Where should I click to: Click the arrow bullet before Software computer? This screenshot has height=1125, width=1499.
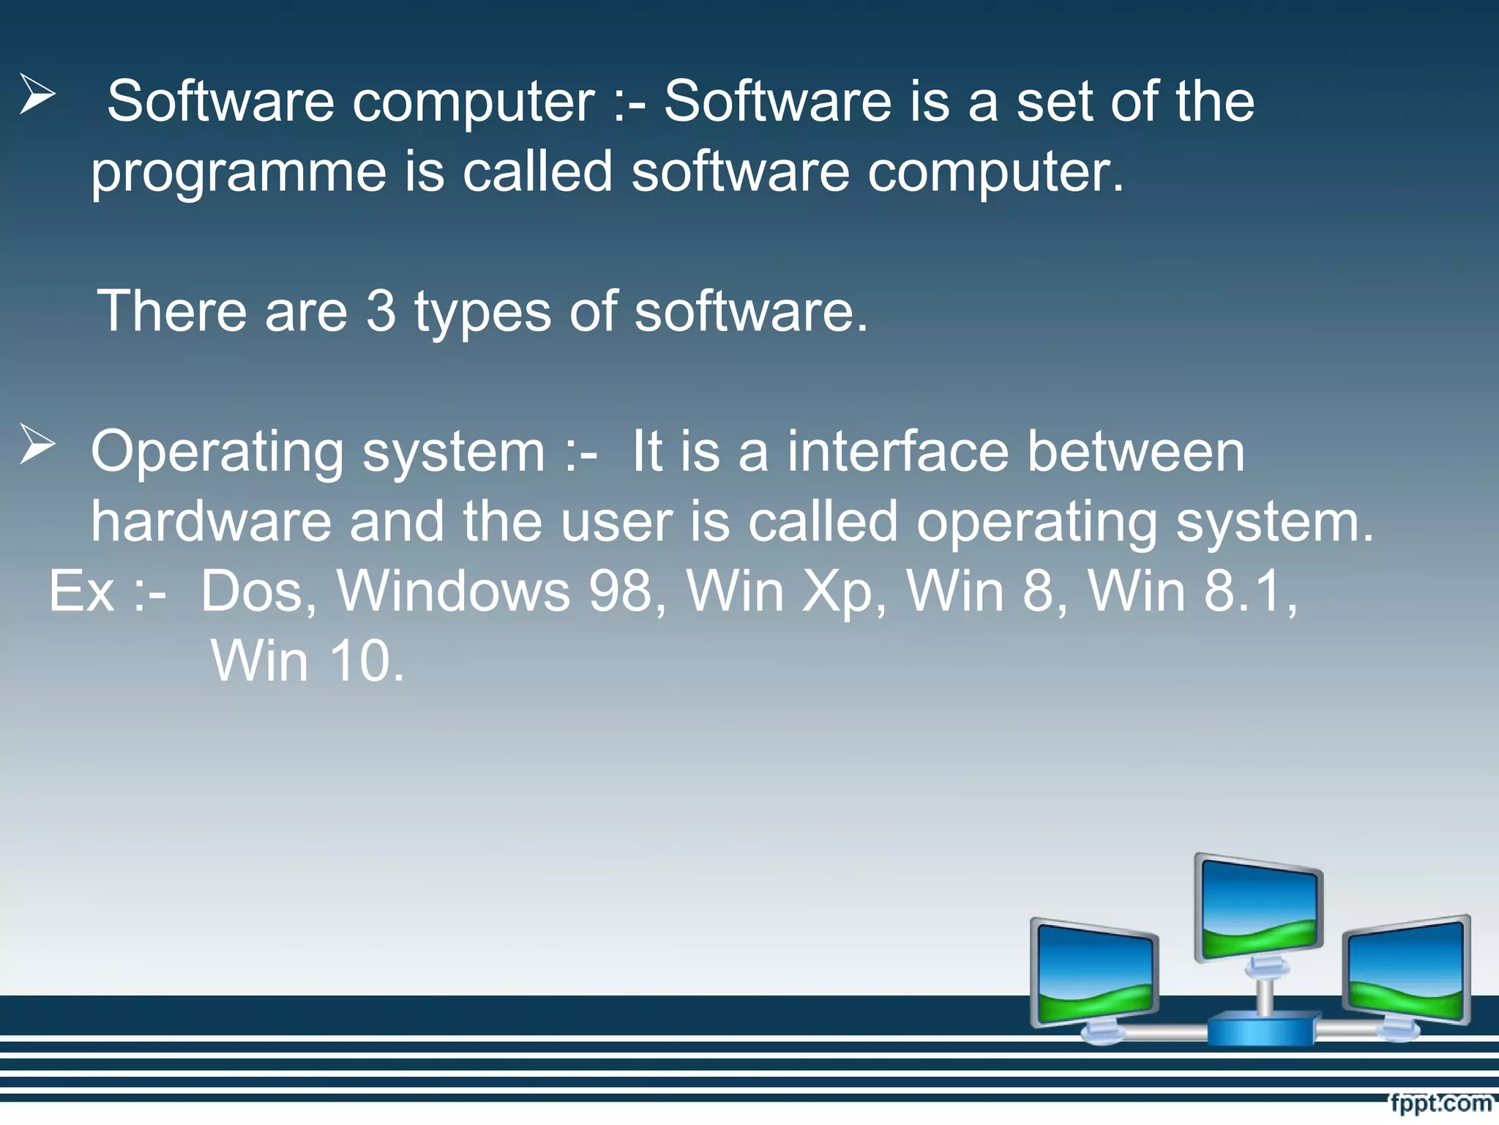click(x=37, y=95)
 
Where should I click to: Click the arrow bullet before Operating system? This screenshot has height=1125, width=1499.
click(x=37, y=445)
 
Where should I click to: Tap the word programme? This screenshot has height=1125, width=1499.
click(x=238, y=173)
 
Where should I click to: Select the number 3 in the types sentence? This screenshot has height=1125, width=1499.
click(x=380, y=311)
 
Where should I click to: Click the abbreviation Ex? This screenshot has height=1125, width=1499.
click(x=81, y=591)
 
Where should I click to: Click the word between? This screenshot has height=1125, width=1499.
click(x=1135, y=451)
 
